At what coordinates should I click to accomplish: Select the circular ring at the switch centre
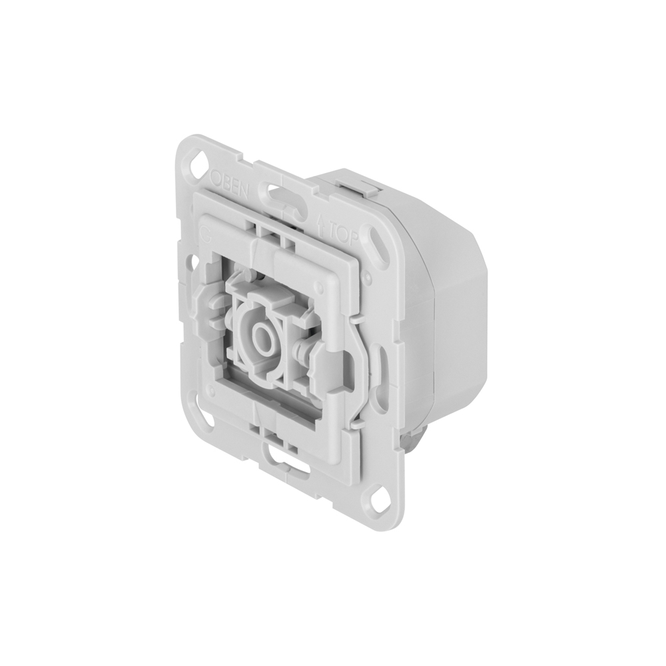(x=262, y=336)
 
